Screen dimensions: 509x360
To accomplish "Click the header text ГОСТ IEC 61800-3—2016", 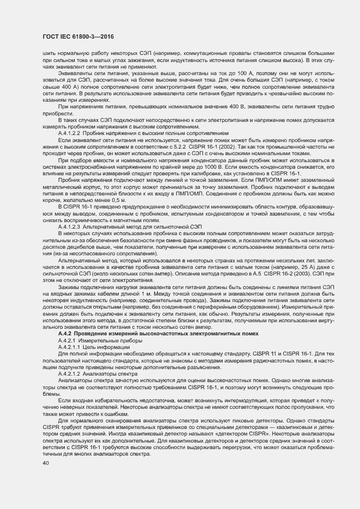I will point(74,36).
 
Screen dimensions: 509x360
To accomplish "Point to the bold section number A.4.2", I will point(65,333).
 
